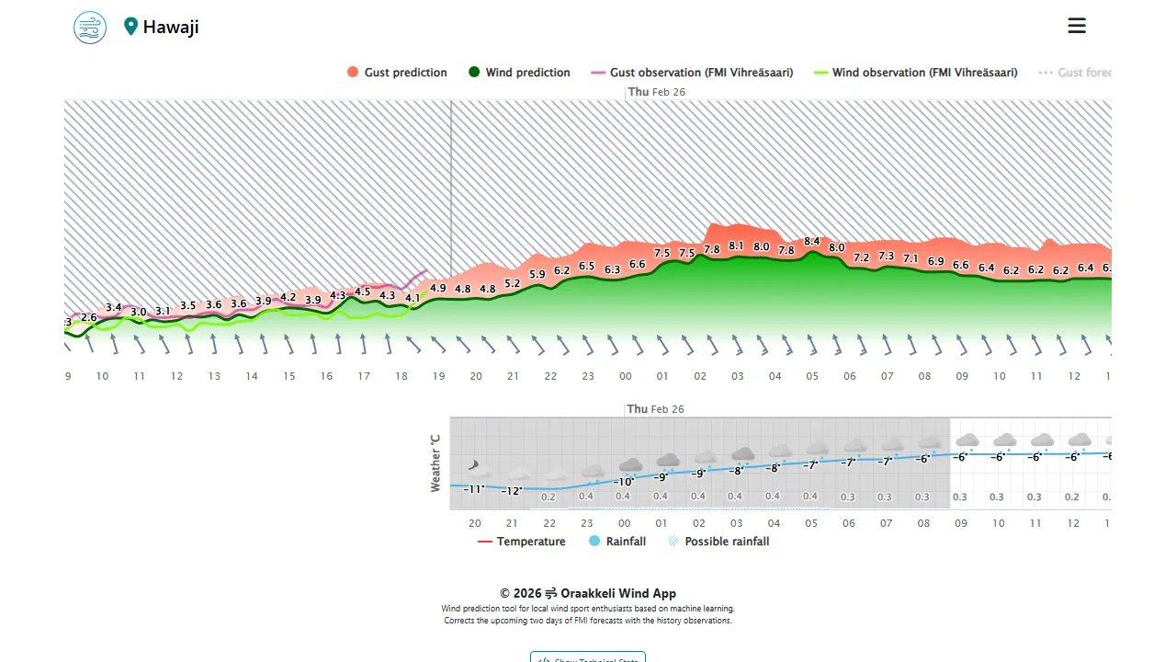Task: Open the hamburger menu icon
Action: tap(1077, 26)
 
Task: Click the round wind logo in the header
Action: tap(90, 27)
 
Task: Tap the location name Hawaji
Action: tap(171, 27)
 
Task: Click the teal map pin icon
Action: tap(130, 27)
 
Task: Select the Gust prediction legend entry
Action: tap(397, 73)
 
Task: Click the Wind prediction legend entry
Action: tap(519, 73)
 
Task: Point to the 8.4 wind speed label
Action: tap(812, 241)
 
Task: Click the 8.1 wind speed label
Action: tap(736, 245)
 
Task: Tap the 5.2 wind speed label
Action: tap(513, 283)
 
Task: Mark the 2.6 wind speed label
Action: tap(89, 317)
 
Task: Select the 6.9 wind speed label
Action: tap(935, 261)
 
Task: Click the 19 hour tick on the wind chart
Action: tap(439, 376)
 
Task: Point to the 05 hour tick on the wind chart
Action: tap(812, 376)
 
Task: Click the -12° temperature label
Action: tap(512, 491)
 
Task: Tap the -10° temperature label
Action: tap(624, 482)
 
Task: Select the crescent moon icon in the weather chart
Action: tap(474, 466)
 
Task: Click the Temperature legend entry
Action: tap(522, 542)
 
